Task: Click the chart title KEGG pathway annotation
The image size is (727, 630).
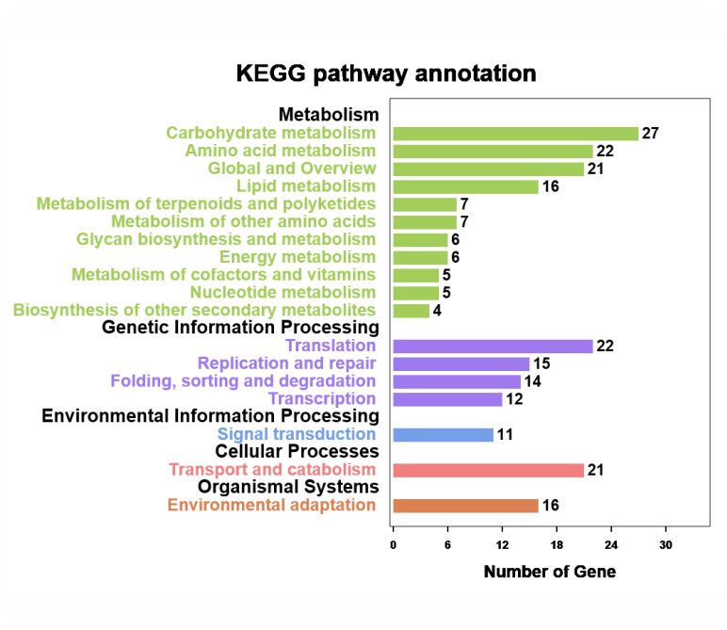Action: point(386,73)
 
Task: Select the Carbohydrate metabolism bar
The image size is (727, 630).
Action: point(515,133)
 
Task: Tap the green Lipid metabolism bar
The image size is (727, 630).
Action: point(465,186)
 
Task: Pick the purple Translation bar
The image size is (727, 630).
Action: point(493,346)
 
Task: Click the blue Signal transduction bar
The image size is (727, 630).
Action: point(443,435)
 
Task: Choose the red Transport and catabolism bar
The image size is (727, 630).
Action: point(488,470)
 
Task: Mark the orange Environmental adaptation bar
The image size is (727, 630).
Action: point(465,506)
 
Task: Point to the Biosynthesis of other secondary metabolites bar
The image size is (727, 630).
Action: point(411,311)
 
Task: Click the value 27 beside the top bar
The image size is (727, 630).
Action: point(650,133)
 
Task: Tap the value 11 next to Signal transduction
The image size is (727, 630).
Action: point(505,435)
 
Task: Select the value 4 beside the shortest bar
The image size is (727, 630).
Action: point(437,311)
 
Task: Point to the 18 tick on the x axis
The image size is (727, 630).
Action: point(557,544)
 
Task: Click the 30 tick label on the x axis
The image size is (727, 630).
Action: point(666,544)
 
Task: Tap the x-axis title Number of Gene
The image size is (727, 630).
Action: point(549,572)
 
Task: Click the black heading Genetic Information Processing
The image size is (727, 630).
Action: point(240,328)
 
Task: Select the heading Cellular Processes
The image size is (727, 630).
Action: point(297,452)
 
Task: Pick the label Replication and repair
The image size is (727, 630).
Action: point(286,363)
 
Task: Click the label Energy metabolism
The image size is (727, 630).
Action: point(298,257)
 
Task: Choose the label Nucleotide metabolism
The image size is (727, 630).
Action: point(283,293)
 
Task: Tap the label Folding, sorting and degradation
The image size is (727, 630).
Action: point(243,381)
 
